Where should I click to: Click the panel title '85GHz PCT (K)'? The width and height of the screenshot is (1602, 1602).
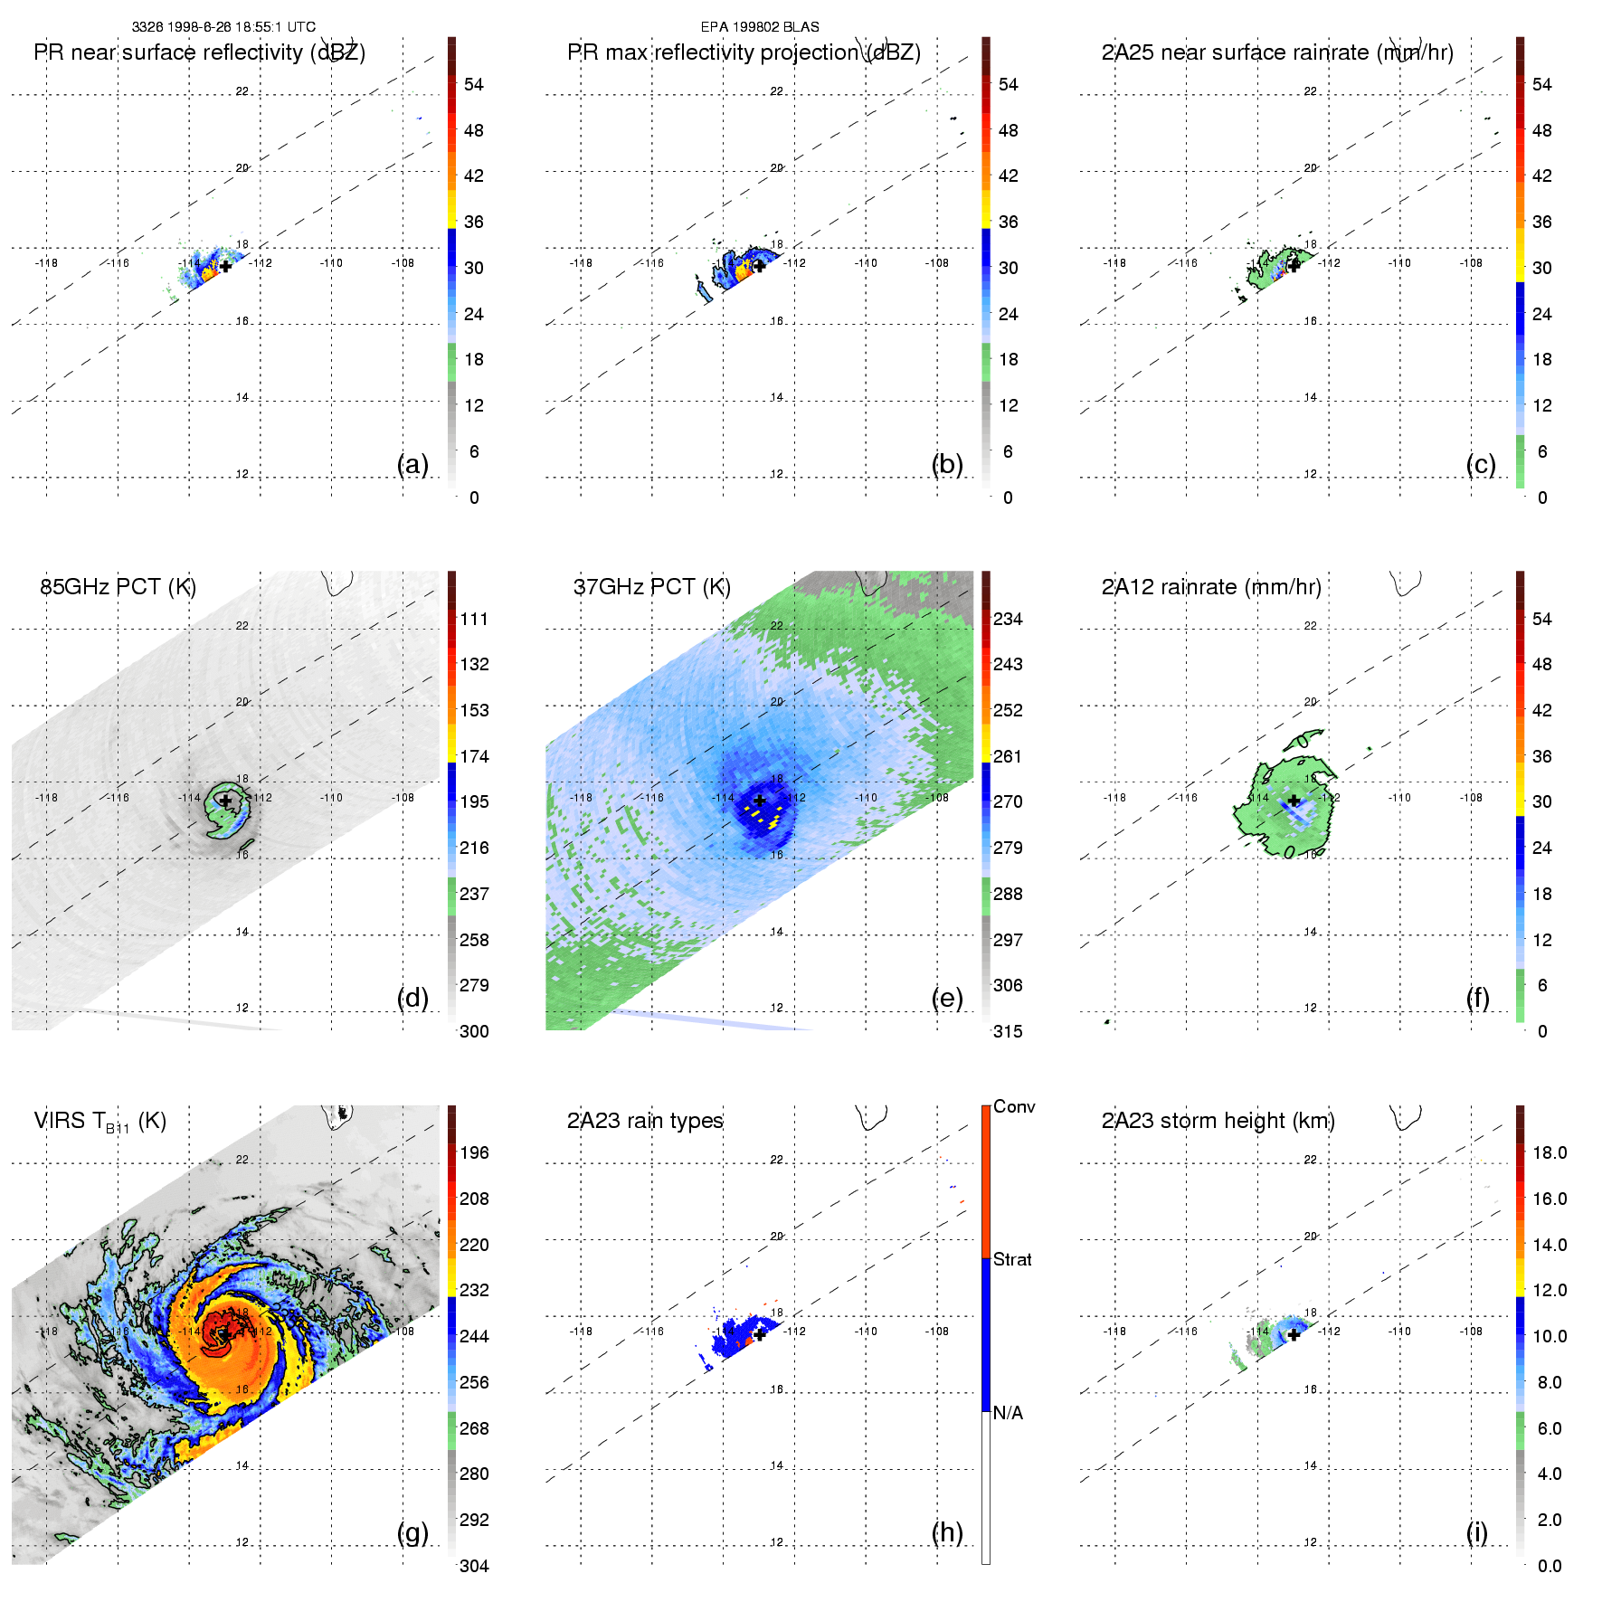coord(118,587)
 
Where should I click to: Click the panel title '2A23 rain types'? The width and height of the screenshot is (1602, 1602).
coord(645,1121)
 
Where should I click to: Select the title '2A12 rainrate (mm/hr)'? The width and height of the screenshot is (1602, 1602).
coord(1211,587)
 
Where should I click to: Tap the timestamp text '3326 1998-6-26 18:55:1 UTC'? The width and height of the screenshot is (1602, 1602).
coord(223,27)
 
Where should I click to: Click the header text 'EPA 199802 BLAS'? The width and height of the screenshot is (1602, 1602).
coord(760,27)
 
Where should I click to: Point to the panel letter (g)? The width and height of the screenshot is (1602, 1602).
coord(412,1532)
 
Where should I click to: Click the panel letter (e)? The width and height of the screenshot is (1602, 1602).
coord(947,998)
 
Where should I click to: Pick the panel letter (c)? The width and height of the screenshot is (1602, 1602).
coord(1481,464)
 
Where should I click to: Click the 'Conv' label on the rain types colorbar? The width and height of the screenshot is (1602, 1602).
coord(1014,1107)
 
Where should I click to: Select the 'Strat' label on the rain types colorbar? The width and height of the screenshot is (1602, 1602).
coord(1012,1260)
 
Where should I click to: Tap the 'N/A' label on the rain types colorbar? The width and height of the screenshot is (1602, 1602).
coord(1008,1413)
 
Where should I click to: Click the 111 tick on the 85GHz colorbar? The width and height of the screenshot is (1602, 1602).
coord(474,620)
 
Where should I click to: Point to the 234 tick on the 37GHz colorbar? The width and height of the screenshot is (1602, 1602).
coord(1008,620)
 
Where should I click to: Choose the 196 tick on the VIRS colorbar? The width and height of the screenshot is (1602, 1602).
coord(474,1153)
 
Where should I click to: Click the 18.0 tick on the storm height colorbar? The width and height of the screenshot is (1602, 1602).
coord(1550,1153)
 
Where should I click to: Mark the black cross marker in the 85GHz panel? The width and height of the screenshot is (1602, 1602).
coord(225,801)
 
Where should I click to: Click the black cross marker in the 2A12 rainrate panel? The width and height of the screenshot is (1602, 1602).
coord(1294,801)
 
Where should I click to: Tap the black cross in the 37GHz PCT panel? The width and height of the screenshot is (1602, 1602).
coord(760,801)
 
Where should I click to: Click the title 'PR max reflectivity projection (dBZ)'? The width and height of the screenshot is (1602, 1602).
coord(744,52)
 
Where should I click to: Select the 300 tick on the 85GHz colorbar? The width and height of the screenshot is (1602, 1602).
coord(474,1032)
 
